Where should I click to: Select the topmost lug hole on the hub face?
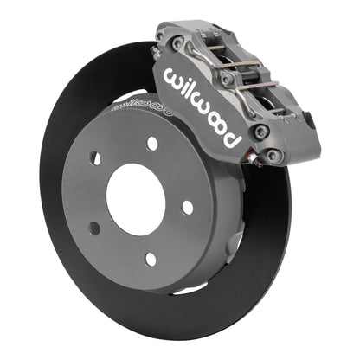pos(152,144)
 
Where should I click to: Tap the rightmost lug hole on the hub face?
pos(188,207)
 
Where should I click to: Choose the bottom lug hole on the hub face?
pos(150,258)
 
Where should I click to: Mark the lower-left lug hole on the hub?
pos(94,228)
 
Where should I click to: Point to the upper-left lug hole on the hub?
pos(95,158)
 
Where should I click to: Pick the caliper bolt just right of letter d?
pos(260,132)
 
